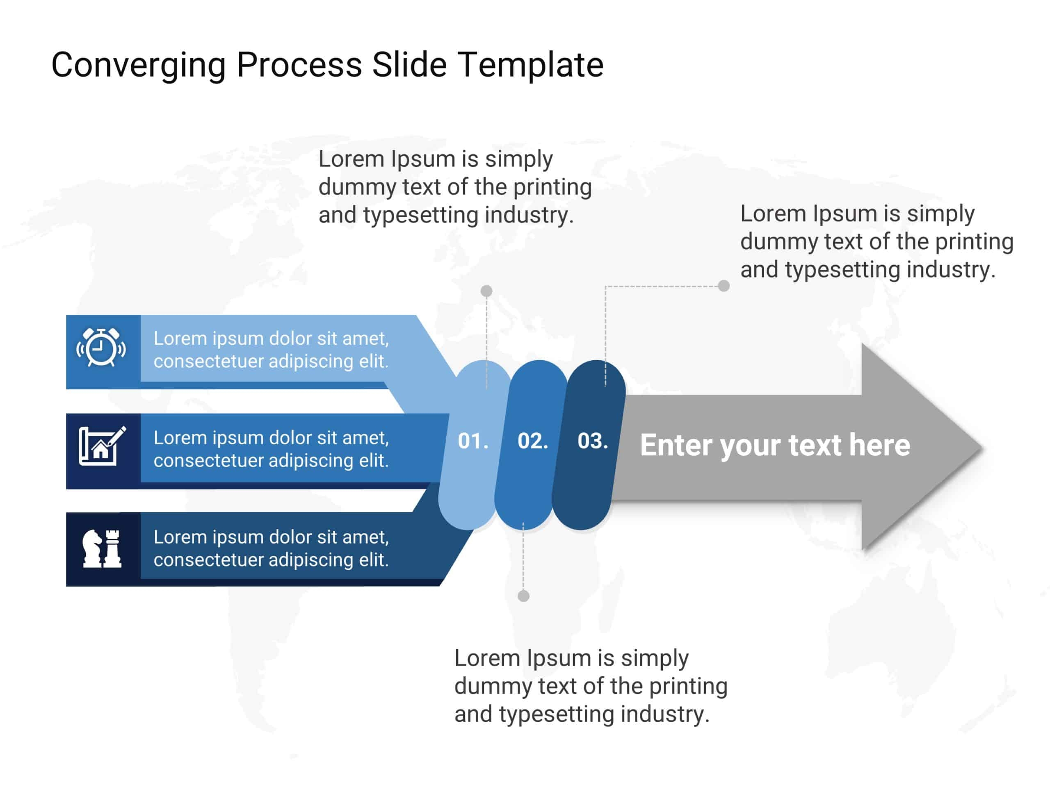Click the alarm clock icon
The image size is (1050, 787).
(x=101, y=347)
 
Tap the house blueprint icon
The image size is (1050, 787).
(x=102, y=446)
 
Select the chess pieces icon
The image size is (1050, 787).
(x=102, y=548)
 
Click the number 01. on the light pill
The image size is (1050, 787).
(x=473, y=441)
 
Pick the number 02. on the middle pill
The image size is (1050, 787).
(x=533, y=441)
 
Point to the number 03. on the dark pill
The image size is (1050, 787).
(x=592, y=441)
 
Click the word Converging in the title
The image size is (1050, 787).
(x=138, y=65)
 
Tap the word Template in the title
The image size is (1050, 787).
(x=530, y=65)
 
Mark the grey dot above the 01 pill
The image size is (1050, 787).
(x=486, y=291)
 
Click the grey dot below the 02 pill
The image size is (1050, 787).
(x=524, y=596)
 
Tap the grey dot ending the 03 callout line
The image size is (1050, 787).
(x=724, y=286)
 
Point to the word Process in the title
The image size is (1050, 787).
(x=299, y=65)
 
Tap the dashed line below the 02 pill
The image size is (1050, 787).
(x=523, y=560)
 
